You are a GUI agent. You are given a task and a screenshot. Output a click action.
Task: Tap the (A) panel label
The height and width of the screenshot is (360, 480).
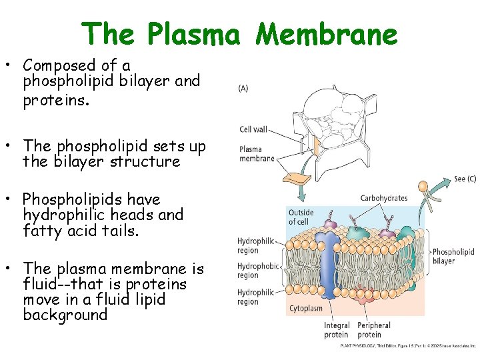tap(245, 88)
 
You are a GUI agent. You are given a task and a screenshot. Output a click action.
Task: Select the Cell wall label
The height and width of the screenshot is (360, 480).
tap(254, 129)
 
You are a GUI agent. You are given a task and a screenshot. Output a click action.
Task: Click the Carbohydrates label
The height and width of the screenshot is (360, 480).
tap(383, 198)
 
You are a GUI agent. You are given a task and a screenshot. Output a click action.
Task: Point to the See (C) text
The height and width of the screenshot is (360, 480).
tap(464, 179)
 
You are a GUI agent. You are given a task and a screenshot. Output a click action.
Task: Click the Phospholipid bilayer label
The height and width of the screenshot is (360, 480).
tap(453, 256)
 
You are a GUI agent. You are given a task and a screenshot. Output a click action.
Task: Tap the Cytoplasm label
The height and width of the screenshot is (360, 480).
tap(306, 309)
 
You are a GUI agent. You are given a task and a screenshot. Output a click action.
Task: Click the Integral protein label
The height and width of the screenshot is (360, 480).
tap(337, 330)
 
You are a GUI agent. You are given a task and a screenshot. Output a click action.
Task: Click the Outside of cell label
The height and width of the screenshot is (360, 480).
tap(301, 217)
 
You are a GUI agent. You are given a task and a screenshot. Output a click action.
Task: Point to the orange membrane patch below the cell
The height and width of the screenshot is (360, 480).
tap(297, 179)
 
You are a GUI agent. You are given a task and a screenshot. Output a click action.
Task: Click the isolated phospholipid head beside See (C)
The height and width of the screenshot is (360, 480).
tap(423, 186)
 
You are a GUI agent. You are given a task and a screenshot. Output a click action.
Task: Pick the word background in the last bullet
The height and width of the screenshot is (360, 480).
tap(65, 315)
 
